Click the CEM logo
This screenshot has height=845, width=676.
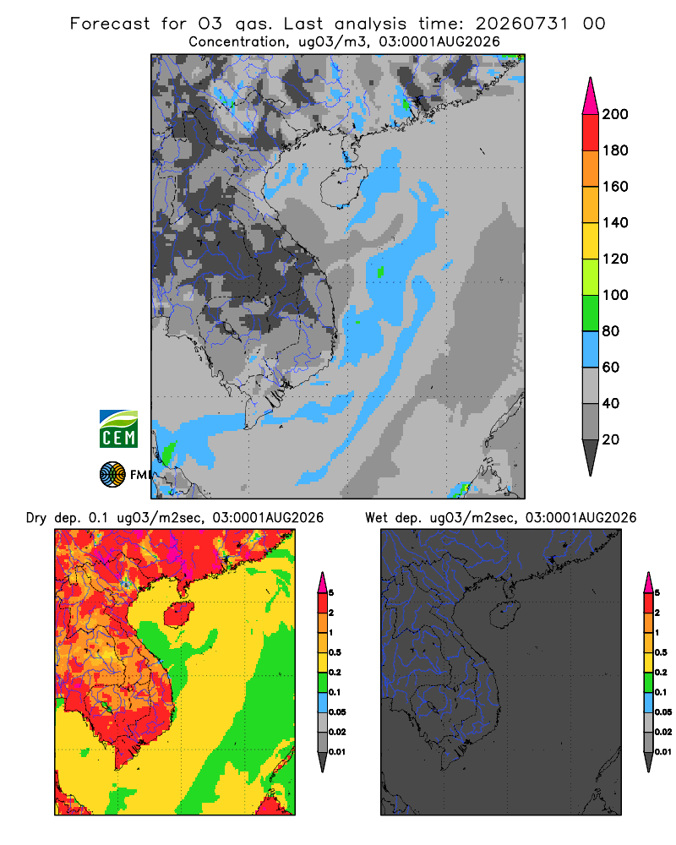point(118,428)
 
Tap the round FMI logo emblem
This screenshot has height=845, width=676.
point(112,474)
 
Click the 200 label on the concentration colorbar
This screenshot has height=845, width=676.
point(615,114)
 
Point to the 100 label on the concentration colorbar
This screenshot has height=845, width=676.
point(615,295)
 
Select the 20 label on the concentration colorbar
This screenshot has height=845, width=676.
point(611,439)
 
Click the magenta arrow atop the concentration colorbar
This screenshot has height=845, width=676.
point(591,95)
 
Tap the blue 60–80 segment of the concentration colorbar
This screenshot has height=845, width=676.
point(591,349)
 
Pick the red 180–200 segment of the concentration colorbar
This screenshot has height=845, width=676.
point(591,132)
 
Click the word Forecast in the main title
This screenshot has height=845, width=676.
point(110,24)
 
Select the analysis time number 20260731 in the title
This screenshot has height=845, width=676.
point(522,24)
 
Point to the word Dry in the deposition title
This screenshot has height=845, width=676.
point(36,518)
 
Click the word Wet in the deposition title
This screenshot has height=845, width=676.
point(376,518)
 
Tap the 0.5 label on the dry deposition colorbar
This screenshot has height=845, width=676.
point(335,652)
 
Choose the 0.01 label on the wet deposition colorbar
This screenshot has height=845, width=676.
point(663,752)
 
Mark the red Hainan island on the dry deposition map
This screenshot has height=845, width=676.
point(178,614)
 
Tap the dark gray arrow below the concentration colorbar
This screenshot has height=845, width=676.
point(591,458)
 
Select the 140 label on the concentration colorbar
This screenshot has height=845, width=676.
point(615,222)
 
